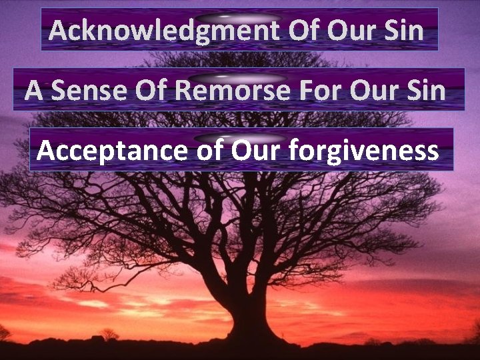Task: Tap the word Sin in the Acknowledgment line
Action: [x=404, y=31]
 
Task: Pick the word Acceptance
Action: [x=113, y=151]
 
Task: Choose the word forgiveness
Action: [x=363, y=151]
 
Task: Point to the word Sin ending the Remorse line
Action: [x=426, y=91]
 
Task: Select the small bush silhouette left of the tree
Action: [x=109, y=334]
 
